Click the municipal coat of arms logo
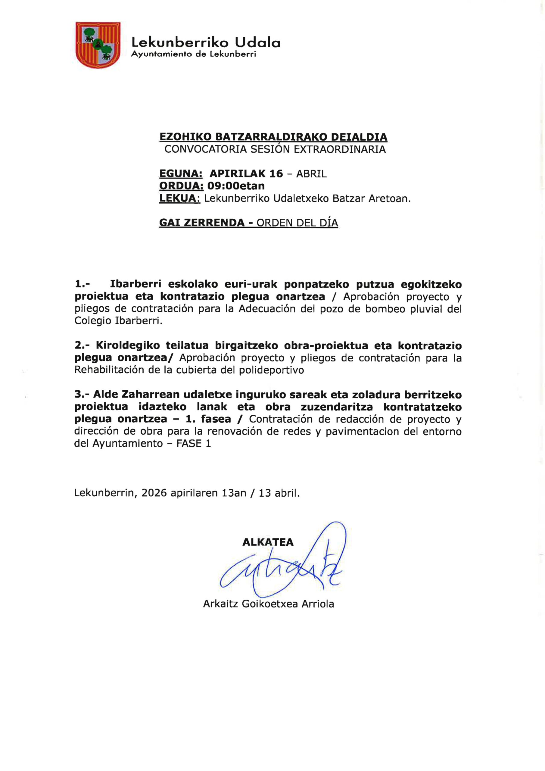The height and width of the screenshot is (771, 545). [x=98, y=45]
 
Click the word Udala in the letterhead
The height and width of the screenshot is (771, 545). [x=257, y=43]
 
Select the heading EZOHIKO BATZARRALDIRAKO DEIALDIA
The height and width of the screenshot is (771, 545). [x=273, y=137]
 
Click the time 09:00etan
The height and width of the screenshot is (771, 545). [x=236, y=186]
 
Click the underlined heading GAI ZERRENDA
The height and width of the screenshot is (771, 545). [x=202, y=223]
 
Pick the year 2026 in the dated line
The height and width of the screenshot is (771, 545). [x=154, y=493]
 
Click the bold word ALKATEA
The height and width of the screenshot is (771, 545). [x=268, y=542]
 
